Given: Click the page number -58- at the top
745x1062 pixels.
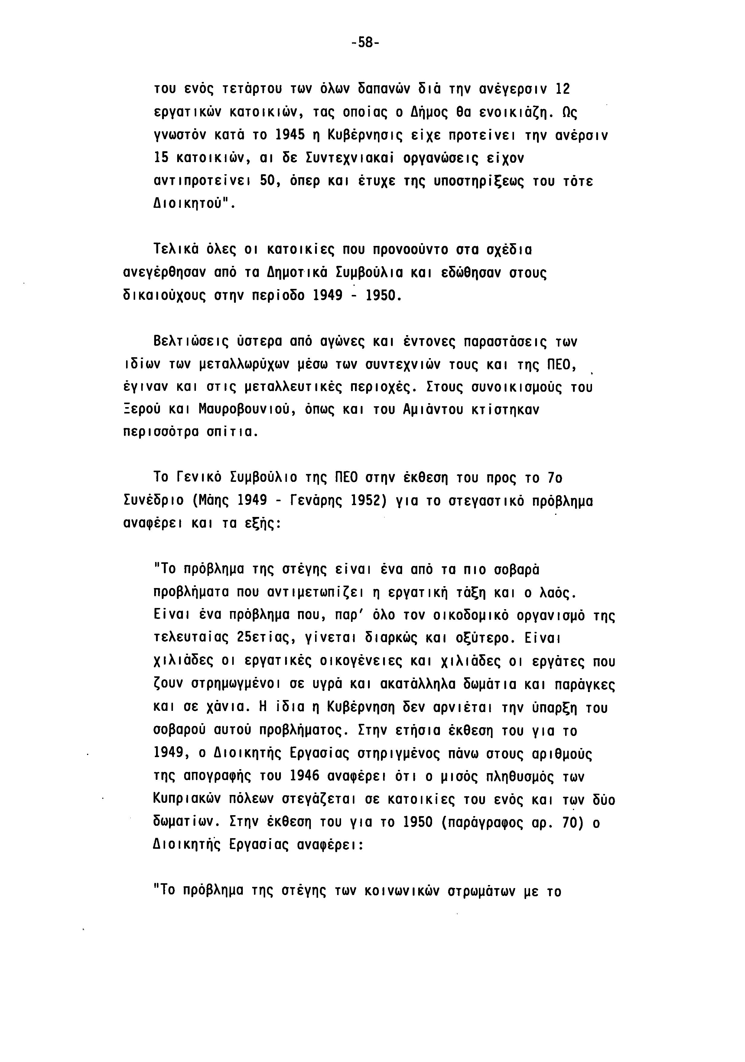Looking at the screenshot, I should pyautogui.click(x=365, y=43).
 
